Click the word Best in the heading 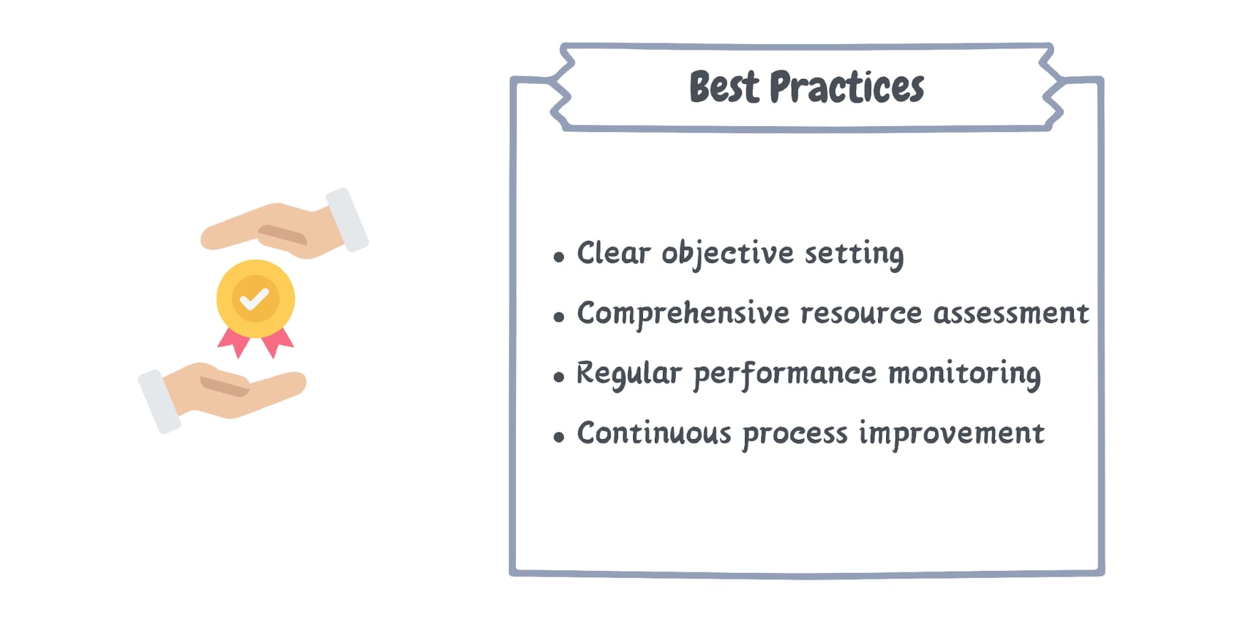coord(724,87)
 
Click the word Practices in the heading coord(846,87)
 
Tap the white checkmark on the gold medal coord(254,299)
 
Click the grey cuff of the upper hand coord(348,220)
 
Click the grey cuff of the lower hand coord(159,401)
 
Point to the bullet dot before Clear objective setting coord(558,256)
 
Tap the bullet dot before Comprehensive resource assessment coord(558,317)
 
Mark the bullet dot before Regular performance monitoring coord(558,376)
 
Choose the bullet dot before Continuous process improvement coord(558,437)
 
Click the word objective coord(728,254)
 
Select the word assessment coord(1011,313)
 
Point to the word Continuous coord(654,434)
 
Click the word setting coord(854,254)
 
